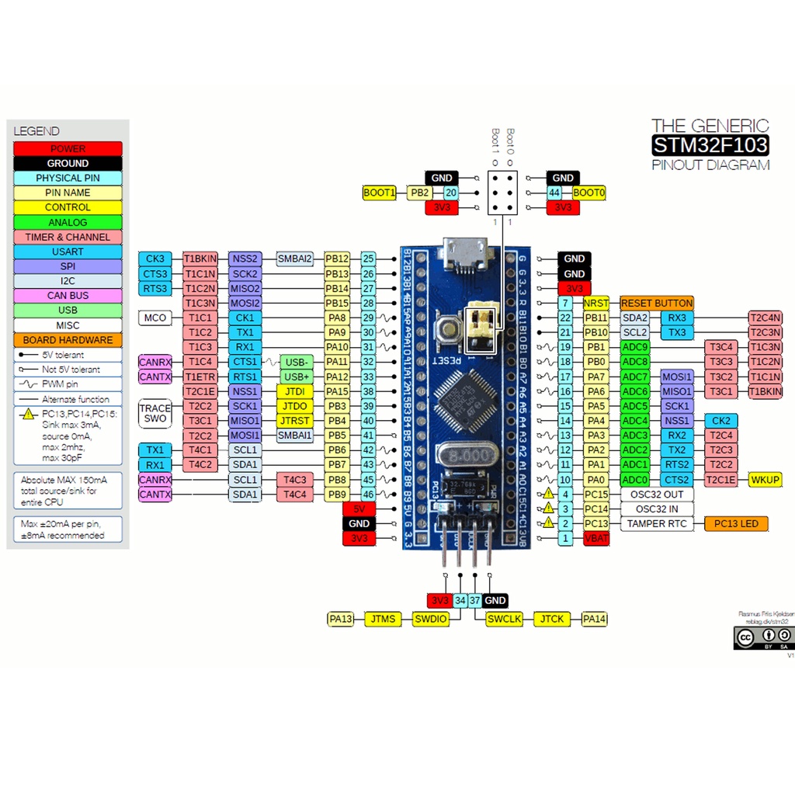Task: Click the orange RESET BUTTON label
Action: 656,303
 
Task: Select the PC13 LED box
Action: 736,523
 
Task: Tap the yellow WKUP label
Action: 765,479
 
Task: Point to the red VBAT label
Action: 596,538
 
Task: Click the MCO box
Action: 155,318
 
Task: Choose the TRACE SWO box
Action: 155,413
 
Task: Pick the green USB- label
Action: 297,362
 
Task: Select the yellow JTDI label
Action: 295,391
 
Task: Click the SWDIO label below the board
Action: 430,619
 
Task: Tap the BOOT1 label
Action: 380,193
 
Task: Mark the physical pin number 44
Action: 554,193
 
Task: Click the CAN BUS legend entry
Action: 68,296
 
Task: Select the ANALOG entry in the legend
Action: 68,223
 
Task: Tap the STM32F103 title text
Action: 710,145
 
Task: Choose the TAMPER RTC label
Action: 657,523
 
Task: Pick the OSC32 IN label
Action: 657,509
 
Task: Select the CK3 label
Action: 155,259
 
